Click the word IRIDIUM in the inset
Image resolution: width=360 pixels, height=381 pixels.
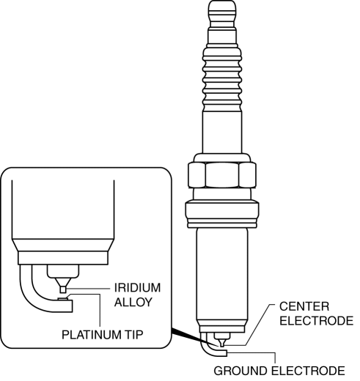(x=137, y=288)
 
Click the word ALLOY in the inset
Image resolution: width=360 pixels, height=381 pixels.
(x=133, y=302)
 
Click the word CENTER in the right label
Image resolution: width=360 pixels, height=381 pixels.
(x=304, y=306)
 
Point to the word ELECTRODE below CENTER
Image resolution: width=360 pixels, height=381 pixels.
(x=317, y=321)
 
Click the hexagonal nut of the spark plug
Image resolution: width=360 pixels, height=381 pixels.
(x=222, y=175)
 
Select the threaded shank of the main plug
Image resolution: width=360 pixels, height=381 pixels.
(x=222, y=277)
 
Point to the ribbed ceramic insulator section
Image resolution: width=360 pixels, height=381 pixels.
(x=222, y=79)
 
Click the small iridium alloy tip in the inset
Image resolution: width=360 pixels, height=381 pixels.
(x=63, y=289)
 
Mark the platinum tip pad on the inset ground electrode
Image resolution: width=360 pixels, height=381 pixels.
(x=63, y=298)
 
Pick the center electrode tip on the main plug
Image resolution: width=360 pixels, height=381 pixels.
(x=221, y=344)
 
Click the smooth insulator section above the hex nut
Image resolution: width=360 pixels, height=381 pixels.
(x=222, y=132)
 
